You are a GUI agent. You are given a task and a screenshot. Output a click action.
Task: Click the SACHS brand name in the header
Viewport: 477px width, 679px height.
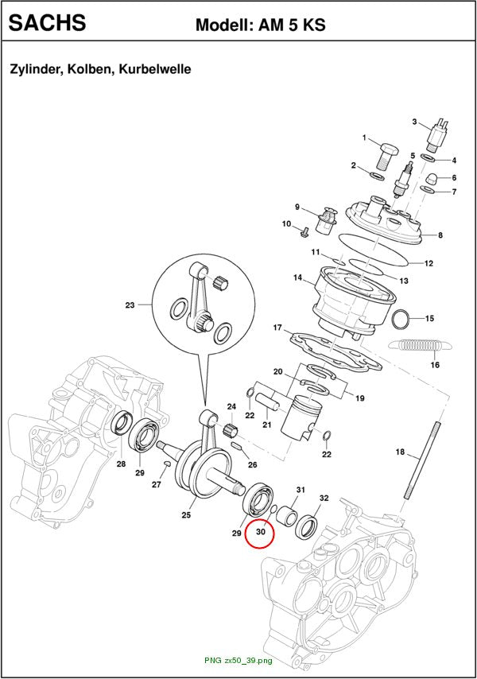tap(47, 22)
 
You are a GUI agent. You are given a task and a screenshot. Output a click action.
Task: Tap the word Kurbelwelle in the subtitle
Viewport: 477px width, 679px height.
tap(155, 69)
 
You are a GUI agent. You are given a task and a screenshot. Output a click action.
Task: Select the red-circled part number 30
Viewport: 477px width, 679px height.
tap(261, 532)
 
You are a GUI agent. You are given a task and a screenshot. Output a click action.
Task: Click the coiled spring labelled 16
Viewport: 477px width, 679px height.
tap(421, 345)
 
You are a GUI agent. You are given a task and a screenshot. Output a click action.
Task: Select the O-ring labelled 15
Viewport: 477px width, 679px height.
tap(401, 319)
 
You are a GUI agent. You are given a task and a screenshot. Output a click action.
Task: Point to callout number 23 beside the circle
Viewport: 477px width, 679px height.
tap(130, 305)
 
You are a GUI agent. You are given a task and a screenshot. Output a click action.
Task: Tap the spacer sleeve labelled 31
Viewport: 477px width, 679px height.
tap(287, 514)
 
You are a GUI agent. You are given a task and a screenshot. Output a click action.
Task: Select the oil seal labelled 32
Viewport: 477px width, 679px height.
tap(306, 526)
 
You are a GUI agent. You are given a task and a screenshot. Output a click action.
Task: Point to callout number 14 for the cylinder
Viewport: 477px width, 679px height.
tap(297, 277)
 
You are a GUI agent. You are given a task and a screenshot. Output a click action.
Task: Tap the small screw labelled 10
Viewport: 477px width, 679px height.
tap(304, 232)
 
